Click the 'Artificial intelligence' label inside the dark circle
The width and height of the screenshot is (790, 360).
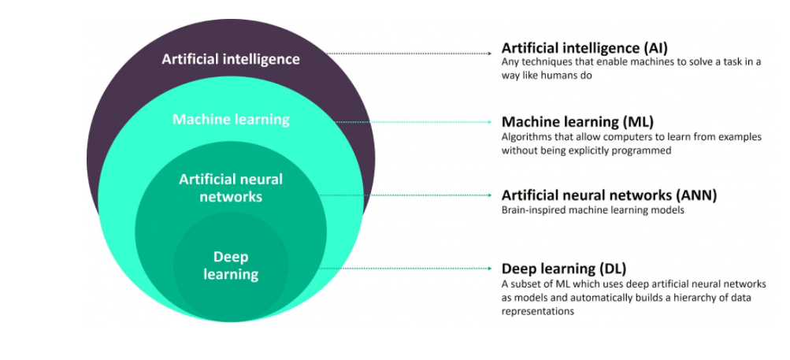[231, 58]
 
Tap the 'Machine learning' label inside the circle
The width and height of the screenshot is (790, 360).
[231, 120]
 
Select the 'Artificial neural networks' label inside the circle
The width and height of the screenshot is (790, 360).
[231, 187]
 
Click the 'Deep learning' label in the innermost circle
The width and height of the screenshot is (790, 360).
[231, 265]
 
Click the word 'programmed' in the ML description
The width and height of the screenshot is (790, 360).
[643, 150]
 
